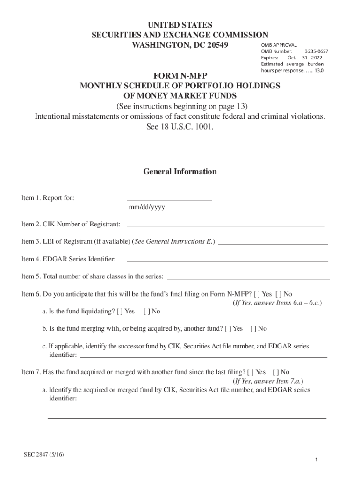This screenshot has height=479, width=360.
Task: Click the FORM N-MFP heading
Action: point(180,75)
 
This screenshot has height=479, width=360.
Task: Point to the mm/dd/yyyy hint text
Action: point(146,207)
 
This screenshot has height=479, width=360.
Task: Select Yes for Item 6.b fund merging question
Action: point(227,329)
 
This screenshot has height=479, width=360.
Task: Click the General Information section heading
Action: point(180,172)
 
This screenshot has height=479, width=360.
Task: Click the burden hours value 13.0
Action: point(318,70)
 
